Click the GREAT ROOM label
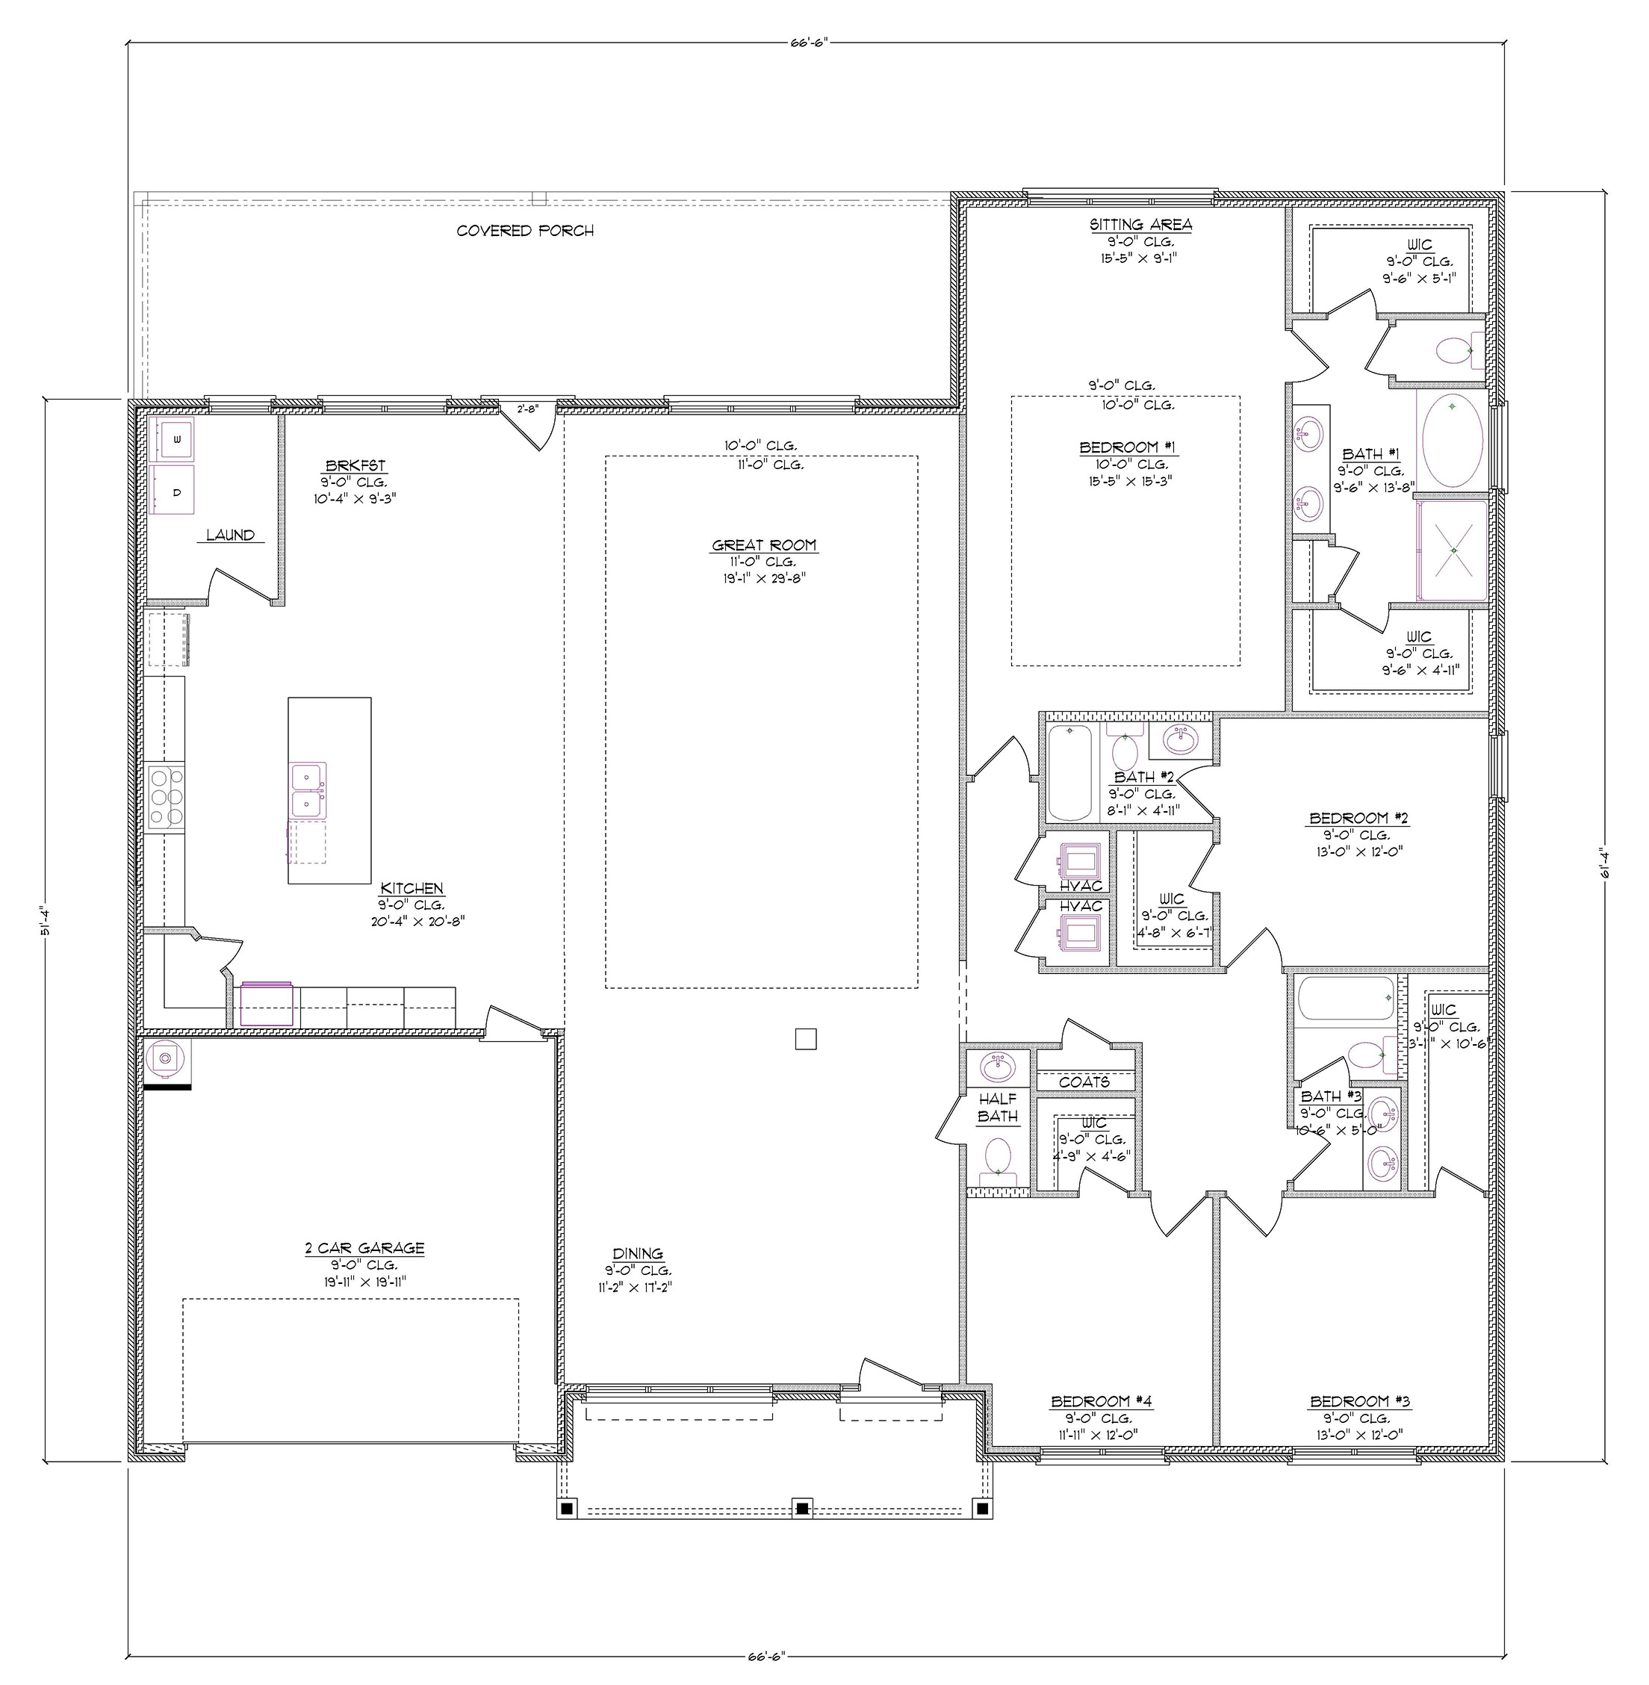coord(764,546)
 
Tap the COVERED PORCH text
coord(525,231)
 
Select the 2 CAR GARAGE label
coord(364,1248)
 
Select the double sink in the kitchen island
coord(308,789)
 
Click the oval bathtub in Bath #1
coord(1453,441)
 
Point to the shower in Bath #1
coord(1453,550)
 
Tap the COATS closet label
coord(1084,1082)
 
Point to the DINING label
coord(638,1253)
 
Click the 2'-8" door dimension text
coord(527,409)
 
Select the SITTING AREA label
coord(1140,224)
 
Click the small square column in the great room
coord(805,1039)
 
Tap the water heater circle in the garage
coord(165,1058)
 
